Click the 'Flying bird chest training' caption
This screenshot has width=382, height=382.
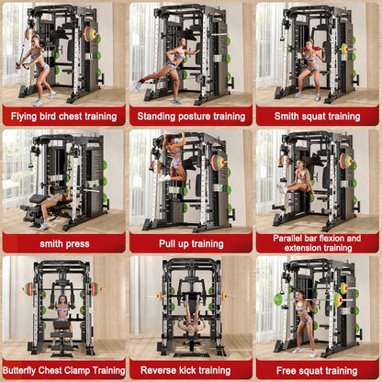click(x=63, y=117)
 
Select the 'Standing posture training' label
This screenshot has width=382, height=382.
click(x=191, y=117)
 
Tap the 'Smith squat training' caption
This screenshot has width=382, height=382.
click(x=318, y=117)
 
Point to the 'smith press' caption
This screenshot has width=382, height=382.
click(x=63, y=243)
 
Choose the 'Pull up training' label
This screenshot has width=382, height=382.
click(x=191, y=243)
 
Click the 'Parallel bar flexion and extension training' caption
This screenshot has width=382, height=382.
click(x=318, y=242)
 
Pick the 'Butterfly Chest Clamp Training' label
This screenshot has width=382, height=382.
click(x=63, y=370)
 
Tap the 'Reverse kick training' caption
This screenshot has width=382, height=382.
click(x=191, y=370)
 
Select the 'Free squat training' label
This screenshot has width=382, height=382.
click(x=318, y=370)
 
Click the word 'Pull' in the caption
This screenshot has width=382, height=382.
click(x=168, y=243)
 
